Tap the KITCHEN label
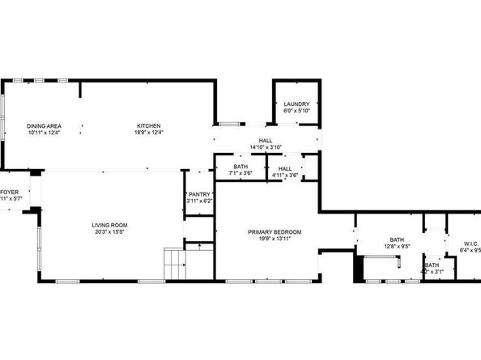pos(148,126)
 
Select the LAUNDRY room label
pos(296,104)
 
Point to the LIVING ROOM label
pos(109,224)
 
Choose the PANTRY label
pos(199,194)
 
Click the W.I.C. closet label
pos(472,244)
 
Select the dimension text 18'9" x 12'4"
pos(148,133)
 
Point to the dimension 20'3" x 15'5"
pos(109,231)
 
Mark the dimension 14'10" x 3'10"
pos(266,147)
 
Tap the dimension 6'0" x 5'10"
pos(296,110)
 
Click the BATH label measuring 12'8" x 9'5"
pos(397,239)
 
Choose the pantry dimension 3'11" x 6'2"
pos(199,201)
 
